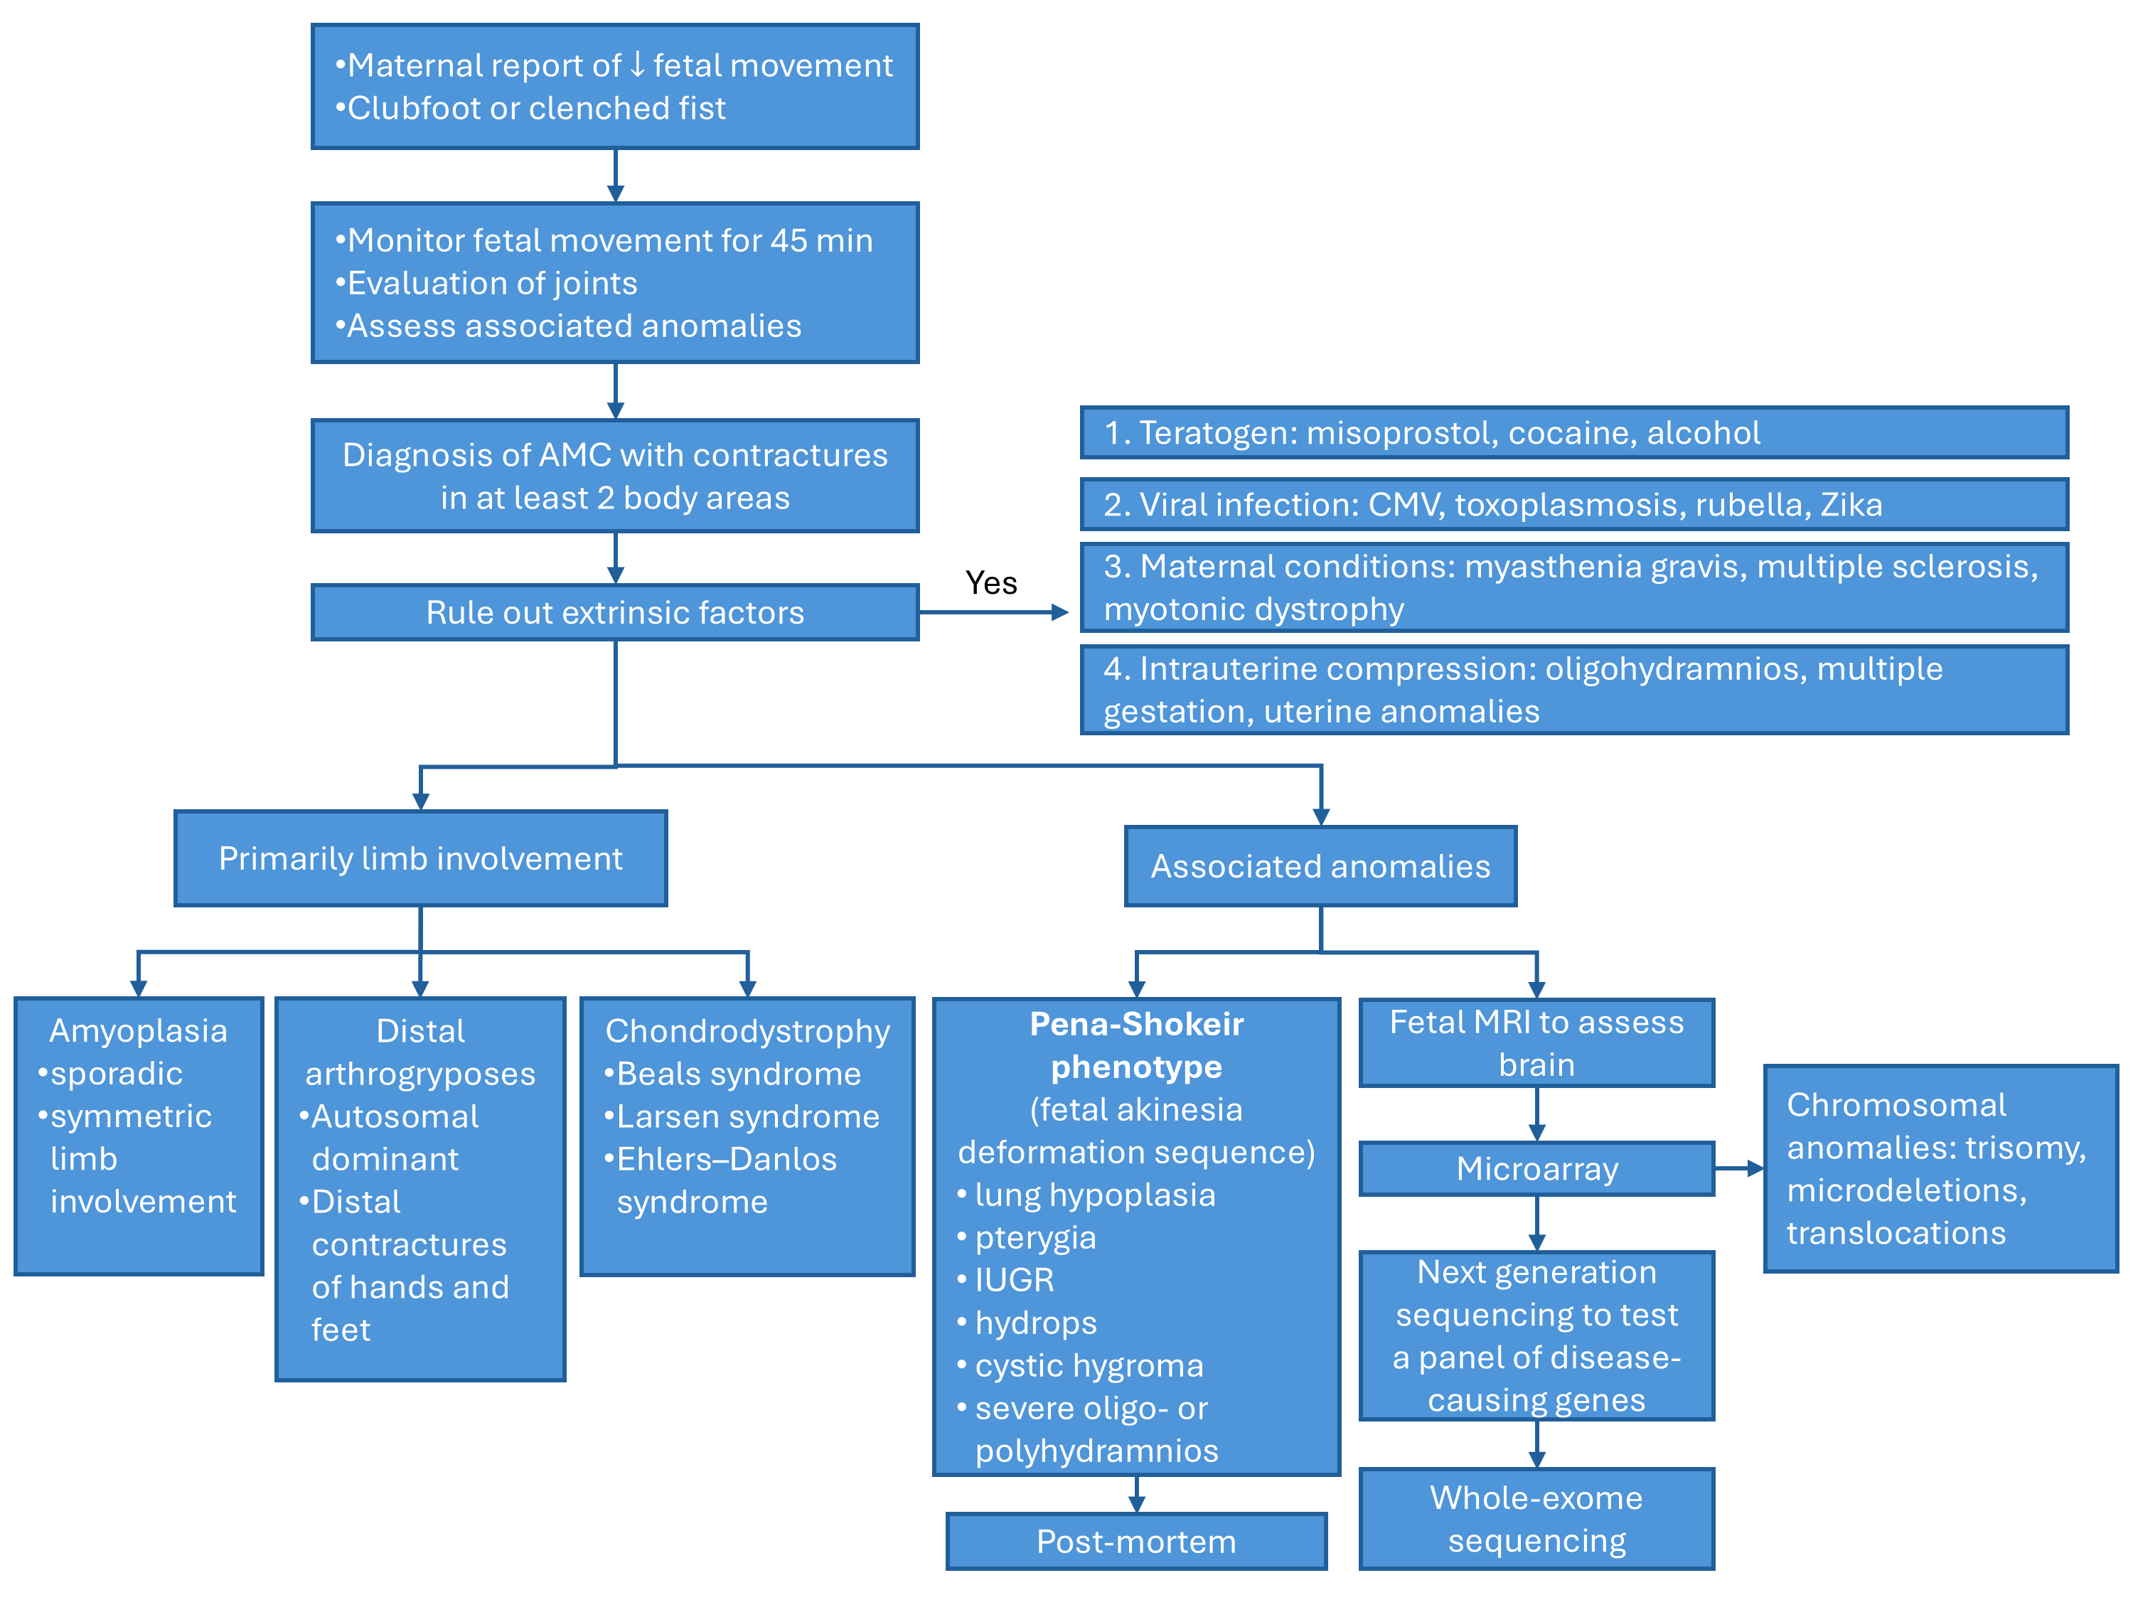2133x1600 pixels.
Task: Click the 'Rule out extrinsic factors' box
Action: point(614,612)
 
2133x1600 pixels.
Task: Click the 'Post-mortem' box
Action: point(1136,1541)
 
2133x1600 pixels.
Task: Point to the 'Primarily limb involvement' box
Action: point(420,858)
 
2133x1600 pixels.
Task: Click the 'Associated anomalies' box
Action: point(1320,866)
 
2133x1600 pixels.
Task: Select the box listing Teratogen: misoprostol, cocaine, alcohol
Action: point(1573,433)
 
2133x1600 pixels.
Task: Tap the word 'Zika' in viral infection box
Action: point(1851,504)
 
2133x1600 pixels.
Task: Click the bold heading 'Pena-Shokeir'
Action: point(1136,1023)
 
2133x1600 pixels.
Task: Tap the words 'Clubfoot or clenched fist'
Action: point(536,108)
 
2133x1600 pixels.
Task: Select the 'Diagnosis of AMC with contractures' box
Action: point(614,476)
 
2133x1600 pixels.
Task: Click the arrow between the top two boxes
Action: point(615,176)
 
